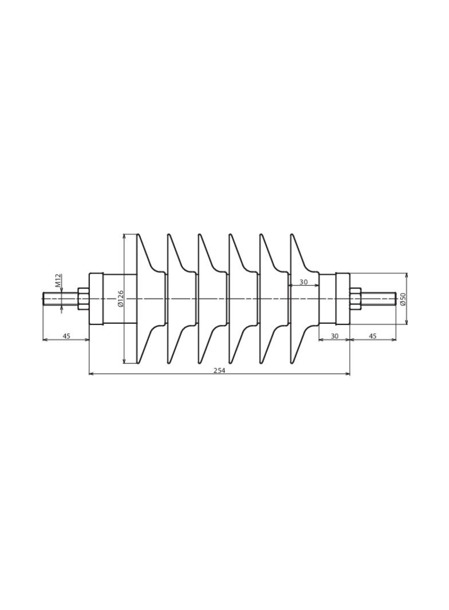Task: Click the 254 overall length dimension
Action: pos(219,370)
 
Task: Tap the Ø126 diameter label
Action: pos(120,298)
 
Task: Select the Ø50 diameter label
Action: pos(403,298)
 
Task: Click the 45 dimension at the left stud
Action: pos(66,336)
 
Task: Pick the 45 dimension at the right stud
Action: pos(373,336)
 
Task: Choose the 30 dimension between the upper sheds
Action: pos(304,283)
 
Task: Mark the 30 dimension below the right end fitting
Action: pos(334,336)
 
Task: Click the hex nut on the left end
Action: pos(84,299)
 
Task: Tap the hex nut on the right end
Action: pos(356,299)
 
